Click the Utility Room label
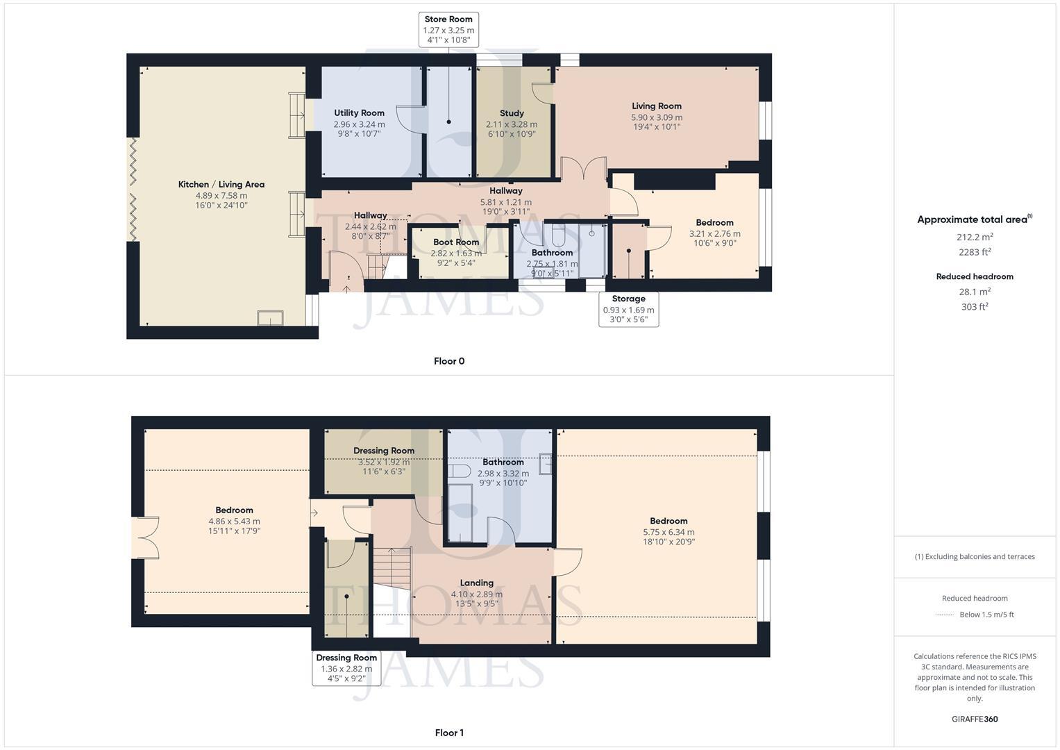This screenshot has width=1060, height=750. [359, 113]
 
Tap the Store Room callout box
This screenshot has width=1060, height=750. [448, 30]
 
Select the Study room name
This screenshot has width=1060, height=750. [512, 113]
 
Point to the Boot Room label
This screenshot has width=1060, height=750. [456, 242]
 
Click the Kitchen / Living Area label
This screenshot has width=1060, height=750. [221, 184]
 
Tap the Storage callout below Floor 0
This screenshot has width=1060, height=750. [628, 309]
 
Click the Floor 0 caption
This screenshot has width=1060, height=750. [448, 361]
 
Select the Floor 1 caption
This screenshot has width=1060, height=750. [448, 733]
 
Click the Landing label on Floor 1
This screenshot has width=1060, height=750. [476, 583]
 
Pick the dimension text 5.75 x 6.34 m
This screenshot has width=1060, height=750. [668, 533]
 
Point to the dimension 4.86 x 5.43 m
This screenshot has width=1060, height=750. [234, 522]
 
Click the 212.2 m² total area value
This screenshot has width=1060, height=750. [975, 237]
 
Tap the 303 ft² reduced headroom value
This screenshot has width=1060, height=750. [975, 307]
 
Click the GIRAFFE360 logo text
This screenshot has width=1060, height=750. [975, 719]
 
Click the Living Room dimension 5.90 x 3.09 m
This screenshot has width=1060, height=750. [656, 117]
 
